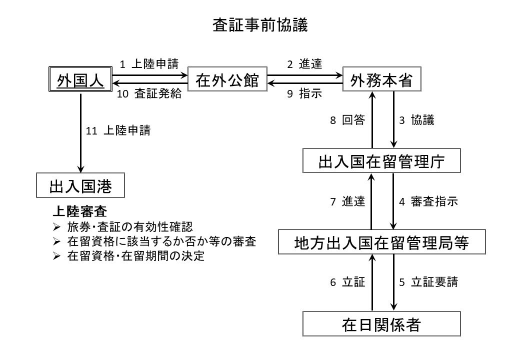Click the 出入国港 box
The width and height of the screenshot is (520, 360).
point(80,187)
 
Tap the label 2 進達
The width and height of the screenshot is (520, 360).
point(304,63)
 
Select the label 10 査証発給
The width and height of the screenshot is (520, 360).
point(149,95)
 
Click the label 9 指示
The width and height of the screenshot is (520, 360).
point(304,95)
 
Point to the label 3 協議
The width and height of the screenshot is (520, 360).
point(416,120)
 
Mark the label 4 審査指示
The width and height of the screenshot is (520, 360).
point(428,201)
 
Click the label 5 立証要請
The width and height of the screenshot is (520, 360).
point(428,282)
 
